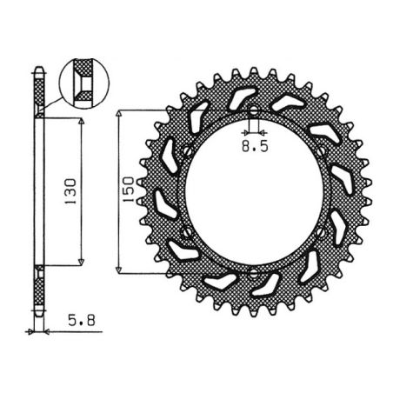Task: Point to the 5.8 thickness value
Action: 80,319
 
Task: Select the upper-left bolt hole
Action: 187,149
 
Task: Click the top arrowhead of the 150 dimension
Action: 120,114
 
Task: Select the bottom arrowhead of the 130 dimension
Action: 81,262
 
